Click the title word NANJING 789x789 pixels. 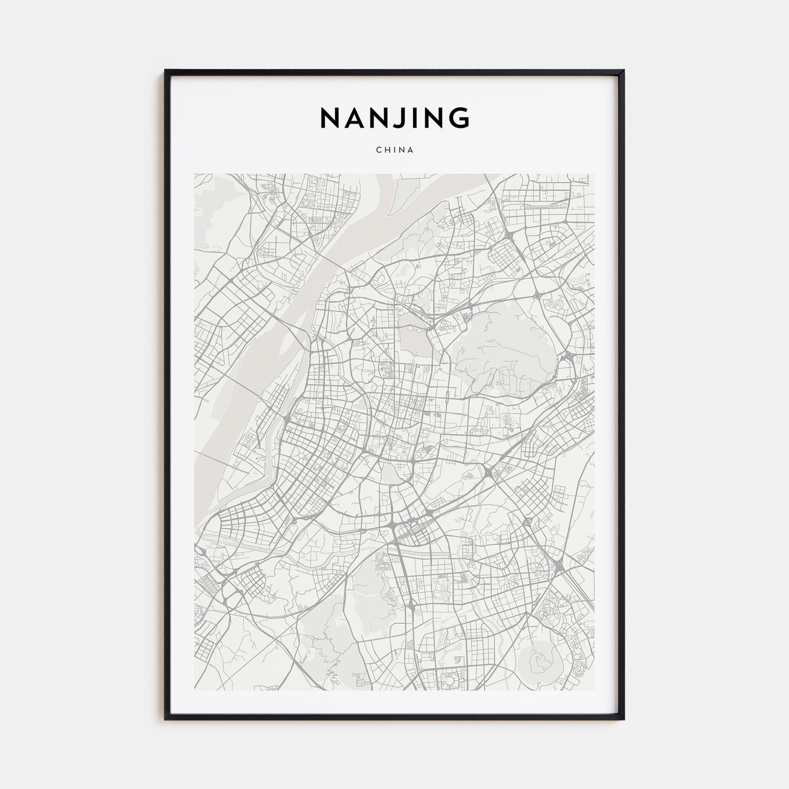[394, 118]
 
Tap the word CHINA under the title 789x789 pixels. [394, 150]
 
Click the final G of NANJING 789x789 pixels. [460, 118]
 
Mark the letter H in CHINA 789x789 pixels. [386, 150]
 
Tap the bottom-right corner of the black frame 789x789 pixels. [623, 719]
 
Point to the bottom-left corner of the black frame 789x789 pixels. [166, 719]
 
